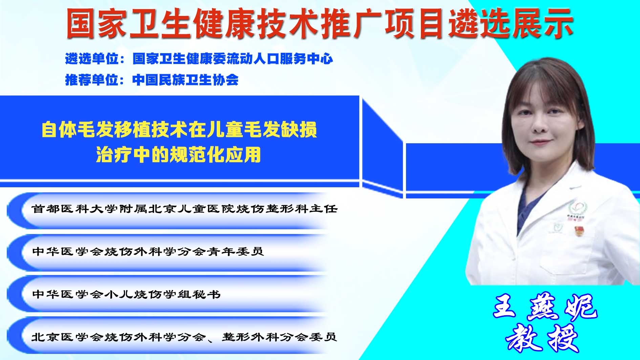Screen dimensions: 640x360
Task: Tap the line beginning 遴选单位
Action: coord(199,59)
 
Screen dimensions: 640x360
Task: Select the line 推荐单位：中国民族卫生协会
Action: coord(152,80)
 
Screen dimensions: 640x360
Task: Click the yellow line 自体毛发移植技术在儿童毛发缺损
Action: coord(179,130)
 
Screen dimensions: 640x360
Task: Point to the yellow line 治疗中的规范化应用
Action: coord(178,154)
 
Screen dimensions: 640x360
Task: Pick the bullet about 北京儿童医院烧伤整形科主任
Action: coord(185,209)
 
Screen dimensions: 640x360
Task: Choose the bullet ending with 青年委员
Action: coord(148,251)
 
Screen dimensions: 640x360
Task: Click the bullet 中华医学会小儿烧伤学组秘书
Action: coord(126,294)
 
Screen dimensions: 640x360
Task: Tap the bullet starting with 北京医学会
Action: coord(184,337)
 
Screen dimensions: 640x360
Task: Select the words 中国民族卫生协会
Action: coord(185,80)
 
